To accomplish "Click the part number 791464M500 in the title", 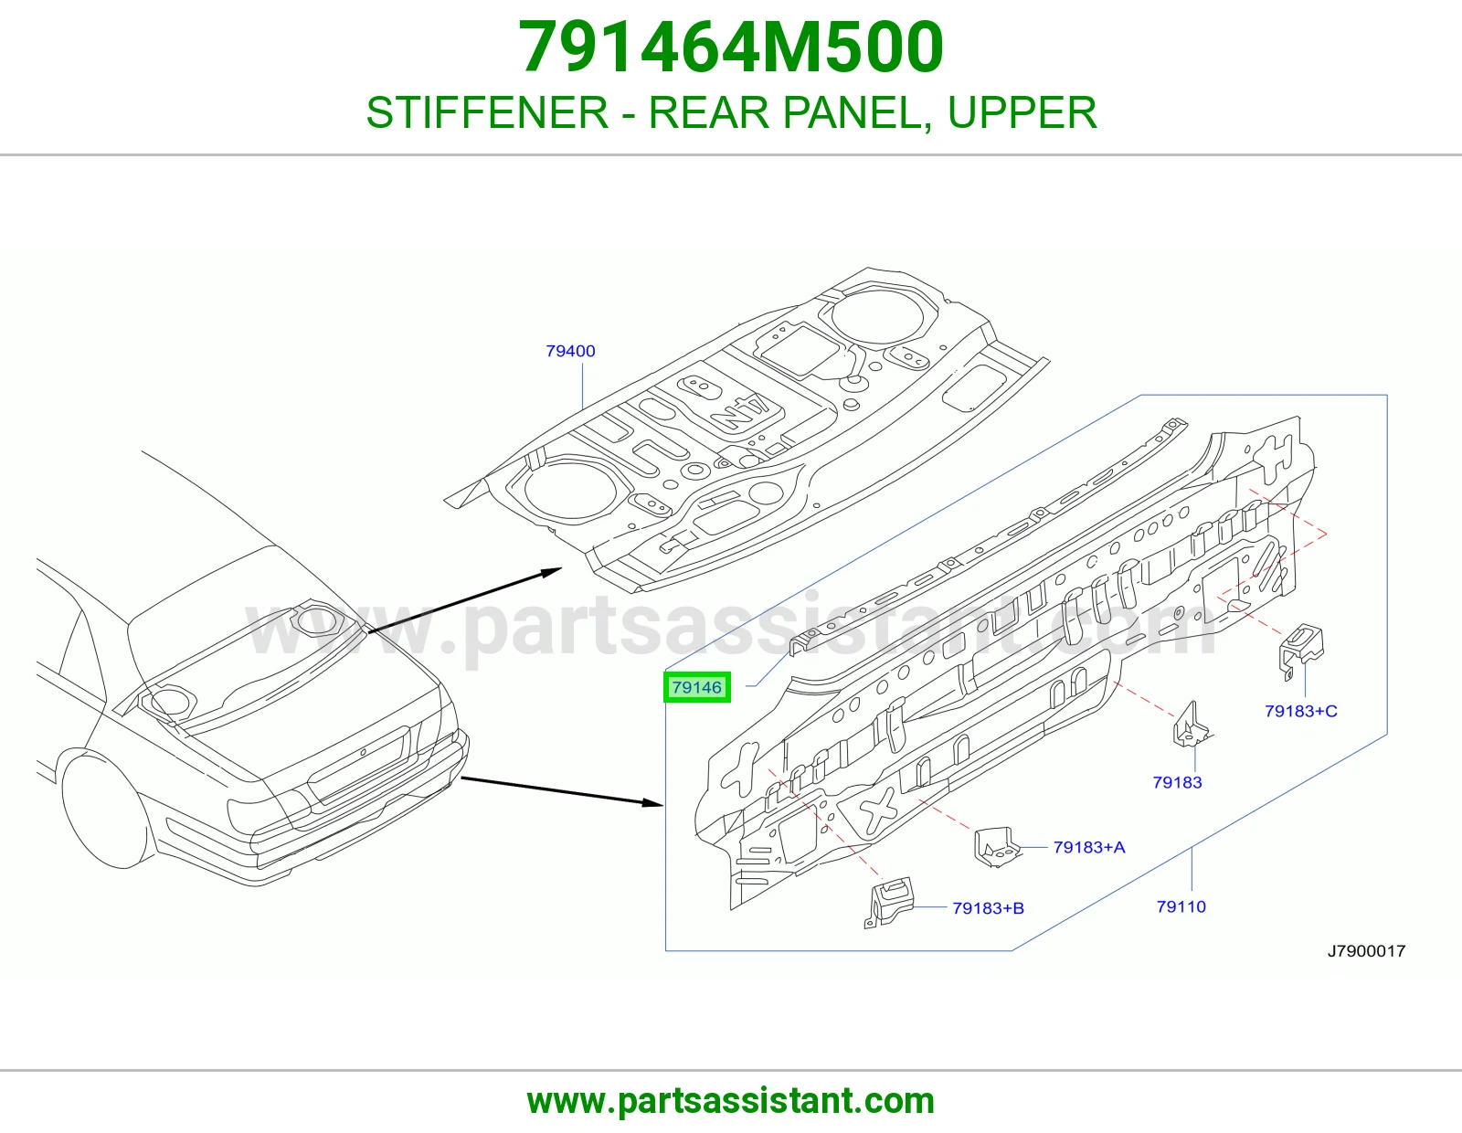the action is coord(731,48).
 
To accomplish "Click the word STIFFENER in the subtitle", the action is coord(487,112).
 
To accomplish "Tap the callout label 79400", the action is coord(570,351).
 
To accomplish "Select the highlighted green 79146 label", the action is coord(697,687).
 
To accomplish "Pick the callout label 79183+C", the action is coord(1300,711).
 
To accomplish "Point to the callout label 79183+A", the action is coord(1089,847).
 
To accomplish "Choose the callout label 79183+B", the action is coord(989,908).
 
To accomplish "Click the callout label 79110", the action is coord(1181,906).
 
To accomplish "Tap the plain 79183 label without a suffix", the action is coord(1178,782).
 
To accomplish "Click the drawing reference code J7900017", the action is coord(1366,950).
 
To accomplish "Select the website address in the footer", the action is coord(731,1101).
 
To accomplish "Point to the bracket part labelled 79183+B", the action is coord(888,903).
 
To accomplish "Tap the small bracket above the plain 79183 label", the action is coord(1191,725).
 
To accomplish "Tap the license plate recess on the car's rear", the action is coord(358,764).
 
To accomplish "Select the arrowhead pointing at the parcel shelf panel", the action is coord(550,573).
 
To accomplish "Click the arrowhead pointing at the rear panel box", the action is coord(653,802).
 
